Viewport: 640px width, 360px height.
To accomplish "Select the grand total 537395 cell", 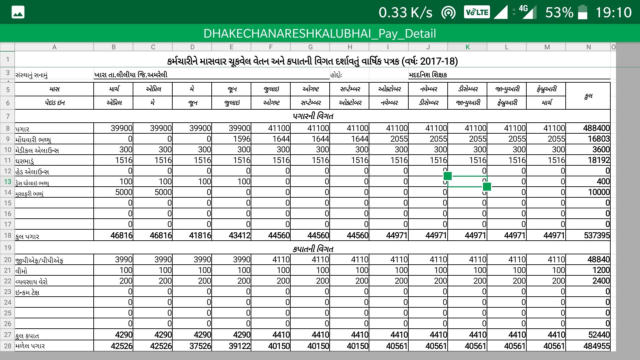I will point(596,235).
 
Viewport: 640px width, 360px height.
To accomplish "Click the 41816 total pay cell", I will point(200,235).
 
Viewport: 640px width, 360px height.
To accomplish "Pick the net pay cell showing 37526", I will point(200,346).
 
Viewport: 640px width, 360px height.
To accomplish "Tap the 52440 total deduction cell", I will point(596,335).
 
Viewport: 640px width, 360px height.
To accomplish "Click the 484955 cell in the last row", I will point(596,346).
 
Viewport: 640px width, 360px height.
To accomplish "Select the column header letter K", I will point(467,47).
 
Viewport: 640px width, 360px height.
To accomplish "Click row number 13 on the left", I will point(7,182).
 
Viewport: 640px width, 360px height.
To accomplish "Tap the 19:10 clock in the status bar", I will point(613,12).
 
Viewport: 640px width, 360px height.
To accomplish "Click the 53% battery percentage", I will point(559,12).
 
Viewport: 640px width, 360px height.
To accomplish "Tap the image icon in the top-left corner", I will point(18,12).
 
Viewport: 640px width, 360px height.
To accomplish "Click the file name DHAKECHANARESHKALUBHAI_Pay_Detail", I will point(320,33).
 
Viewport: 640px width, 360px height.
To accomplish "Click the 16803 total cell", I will point(599,139).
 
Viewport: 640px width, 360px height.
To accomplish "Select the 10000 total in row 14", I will point(599,192).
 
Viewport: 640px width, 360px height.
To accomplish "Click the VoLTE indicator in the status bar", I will point(477,12).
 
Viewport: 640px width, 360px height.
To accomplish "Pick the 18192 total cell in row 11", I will point(599,160).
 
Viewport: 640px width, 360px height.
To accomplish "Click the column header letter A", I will point(54,47).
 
